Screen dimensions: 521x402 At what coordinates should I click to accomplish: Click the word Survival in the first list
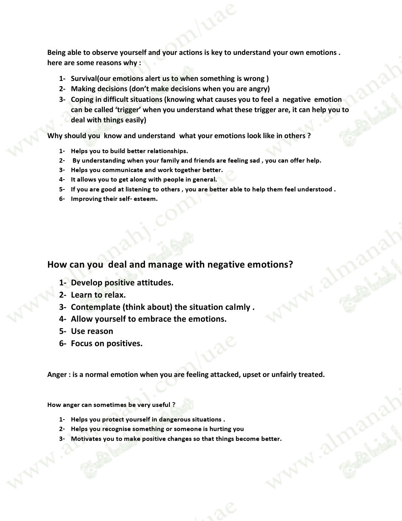(84, 79)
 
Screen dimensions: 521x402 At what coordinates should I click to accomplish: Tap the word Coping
(82, 99)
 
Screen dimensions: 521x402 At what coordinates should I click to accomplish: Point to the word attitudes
(155, 283)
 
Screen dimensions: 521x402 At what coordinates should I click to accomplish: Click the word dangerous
(175, 419)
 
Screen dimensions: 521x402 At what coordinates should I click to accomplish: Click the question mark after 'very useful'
(174, 405)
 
